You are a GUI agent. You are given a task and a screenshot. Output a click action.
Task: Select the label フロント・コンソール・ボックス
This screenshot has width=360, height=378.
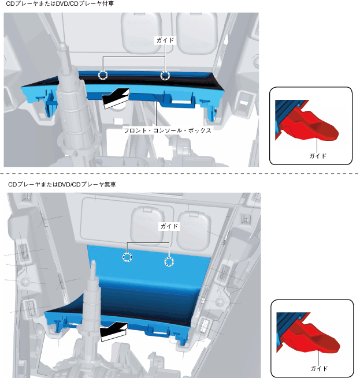click(168, 131)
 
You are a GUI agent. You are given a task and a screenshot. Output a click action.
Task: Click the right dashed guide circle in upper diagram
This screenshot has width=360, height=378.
click(165, 75)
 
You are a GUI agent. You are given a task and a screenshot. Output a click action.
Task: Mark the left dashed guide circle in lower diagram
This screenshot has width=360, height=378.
click(127, 257)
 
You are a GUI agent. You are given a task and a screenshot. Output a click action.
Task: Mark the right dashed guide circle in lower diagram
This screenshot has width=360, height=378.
click(169, 262)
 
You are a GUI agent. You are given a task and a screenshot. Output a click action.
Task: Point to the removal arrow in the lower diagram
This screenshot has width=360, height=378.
click(113, 331)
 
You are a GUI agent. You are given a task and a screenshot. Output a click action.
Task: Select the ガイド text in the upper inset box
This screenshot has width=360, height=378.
click(317, 156)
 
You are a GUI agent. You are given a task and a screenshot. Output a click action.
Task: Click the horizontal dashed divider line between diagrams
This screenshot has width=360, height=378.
click(180, 173)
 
